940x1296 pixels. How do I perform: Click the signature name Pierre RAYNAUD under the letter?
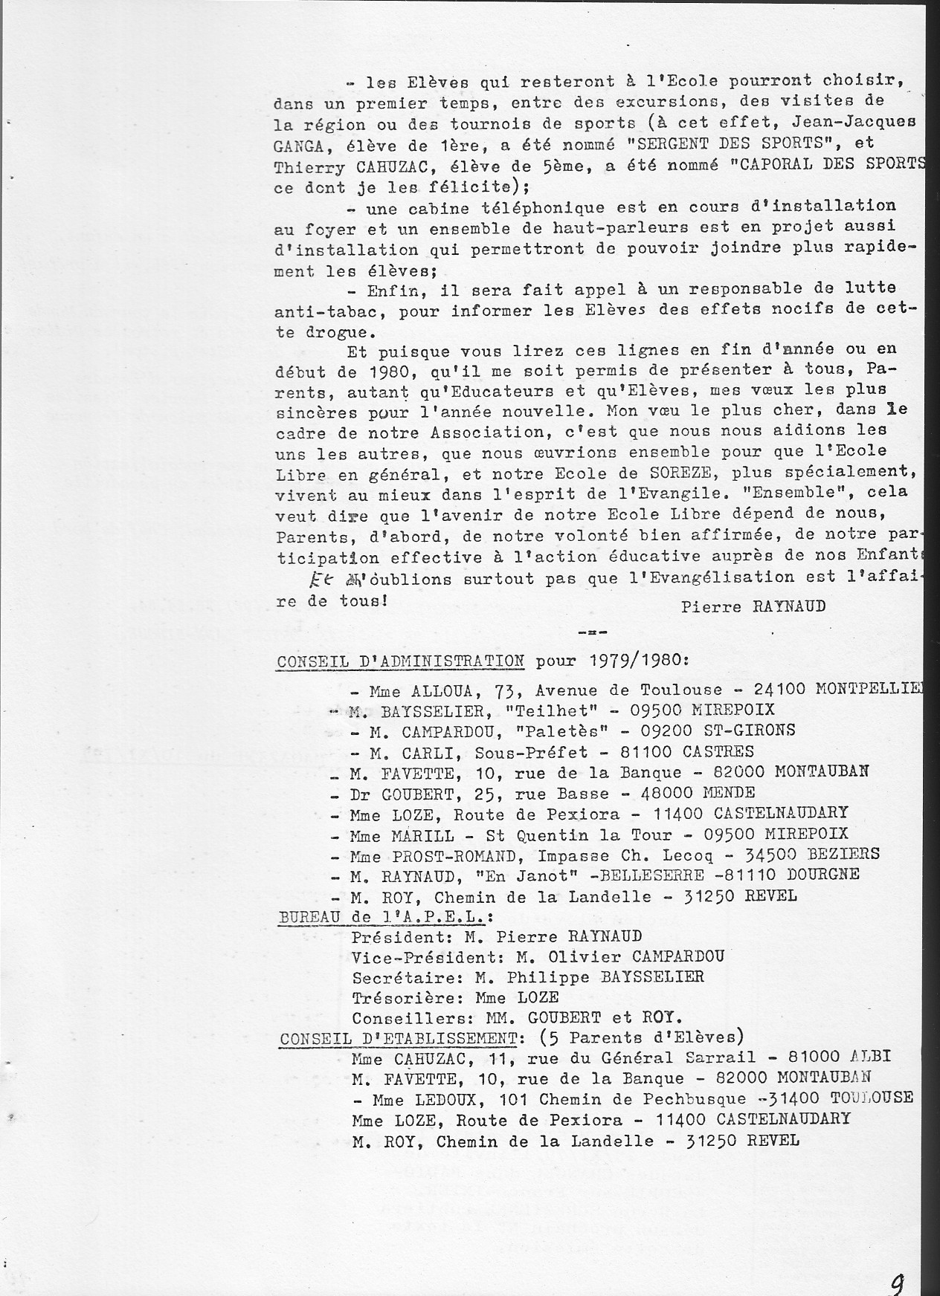[753, 606]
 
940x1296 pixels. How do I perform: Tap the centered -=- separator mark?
[593, 632]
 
